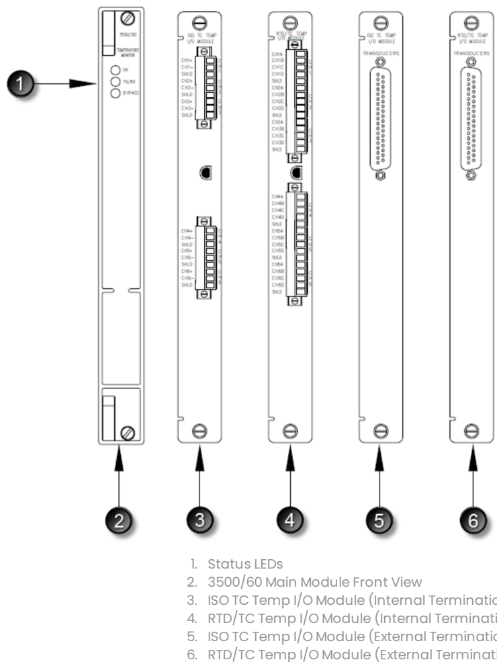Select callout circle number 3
click(199, 519)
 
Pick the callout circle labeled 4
click(289, 519)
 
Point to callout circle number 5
click(379, 519)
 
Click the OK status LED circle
click(116, 70)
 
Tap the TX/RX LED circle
click(116, 81)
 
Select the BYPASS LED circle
click(116, 93)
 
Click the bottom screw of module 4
click(289, 430)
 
